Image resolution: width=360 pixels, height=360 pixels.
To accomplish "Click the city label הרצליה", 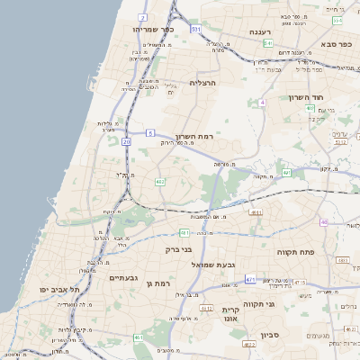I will pos(203,82).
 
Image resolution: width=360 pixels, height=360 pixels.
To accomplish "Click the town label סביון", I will pos(271,335).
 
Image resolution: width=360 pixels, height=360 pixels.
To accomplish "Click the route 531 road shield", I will pos(195,29).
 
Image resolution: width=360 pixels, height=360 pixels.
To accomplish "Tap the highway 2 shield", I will pos(143,17).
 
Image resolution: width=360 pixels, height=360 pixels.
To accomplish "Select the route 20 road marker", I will pos(127,141).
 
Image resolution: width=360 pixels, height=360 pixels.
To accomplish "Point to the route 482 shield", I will pos(159,182).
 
